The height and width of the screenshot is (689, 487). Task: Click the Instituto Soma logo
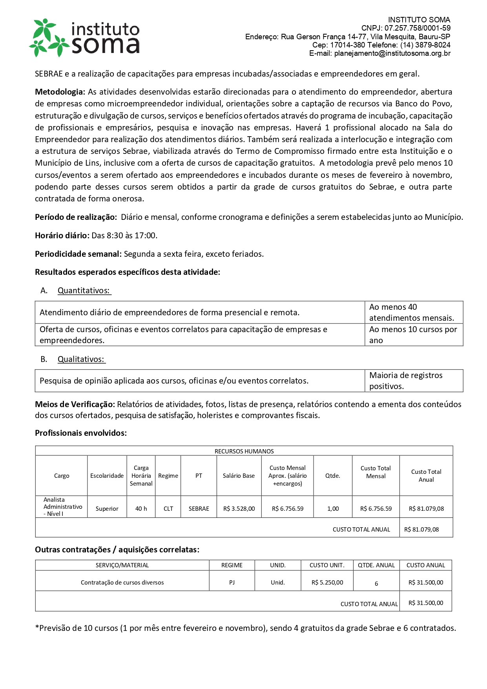pyautogui.click(x=84, y=38)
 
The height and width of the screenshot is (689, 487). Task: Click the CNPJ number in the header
pyautogui.click(x=417, y=28)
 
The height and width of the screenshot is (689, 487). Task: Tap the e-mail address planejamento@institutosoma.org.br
pyautogui.click(x=392, y=53)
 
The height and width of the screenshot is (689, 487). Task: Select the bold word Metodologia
pyautogui.click(x=60, y=92)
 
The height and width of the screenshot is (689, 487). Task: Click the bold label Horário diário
pyautogui.click(x=62, y=236)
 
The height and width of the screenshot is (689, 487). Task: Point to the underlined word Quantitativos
pyautogui.click(x=84, y=291)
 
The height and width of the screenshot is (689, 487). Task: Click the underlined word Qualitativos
pyautogui.click(x=81, y=359)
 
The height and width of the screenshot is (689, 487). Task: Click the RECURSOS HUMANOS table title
pyautogui.click(x=244, y=451)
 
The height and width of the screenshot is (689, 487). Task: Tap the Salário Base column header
pyautogui.click(x=239, y=476)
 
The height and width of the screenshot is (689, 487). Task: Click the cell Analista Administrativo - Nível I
pyautogui.click(x=62, y=507)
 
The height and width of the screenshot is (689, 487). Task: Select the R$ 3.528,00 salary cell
pyautogui.click(x=239, y=509)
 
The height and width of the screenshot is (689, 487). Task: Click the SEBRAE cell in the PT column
pyautogui.click(x=199, y=509)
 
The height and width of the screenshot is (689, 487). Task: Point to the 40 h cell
pyautogui.click(x=141, y=509)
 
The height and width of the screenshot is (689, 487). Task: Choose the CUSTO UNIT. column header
pyautogui.click(x=327, y=565)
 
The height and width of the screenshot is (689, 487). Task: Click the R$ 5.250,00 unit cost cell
pyautogui.click(x=327, y=583)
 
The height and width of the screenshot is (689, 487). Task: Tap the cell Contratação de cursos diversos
pyautogui.click(x=122, y=583)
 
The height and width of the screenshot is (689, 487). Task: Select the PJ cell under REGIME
pyautogui.click(x=232, y=583)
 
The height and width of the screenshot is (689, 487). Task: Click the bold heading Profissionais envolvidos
pyautogui.click(x=81, y=433)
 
